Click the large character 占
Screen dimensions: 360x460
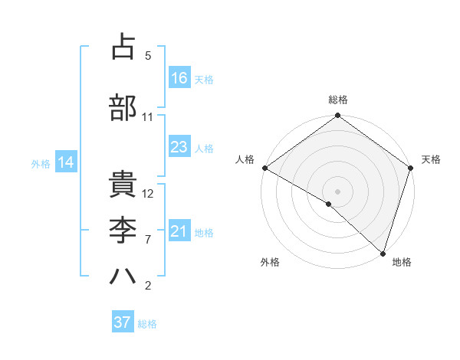(x=123, y=47)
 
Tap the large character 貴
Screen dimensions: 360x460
(x=123, y=185)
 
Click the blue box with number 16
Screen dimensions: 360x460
(x=179, y=77)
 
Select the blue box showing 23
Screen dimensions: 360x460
(x=179, y=147)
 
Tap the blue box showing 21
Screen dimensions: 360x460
(x=179, y=231)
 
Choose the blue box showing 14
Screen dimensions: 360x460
(x=65, y=162)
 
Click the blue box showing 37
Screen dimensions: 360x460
(x=123, y=322)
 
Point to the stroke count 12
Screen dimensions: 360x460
(x=149, y=194)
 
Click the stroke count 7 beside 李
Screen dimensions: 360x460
(x=148, y=240)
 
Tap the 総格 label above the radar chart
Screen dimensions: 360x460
(x=338, y=100)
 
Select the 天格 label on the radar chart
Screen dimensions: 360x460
(x=432, y=159)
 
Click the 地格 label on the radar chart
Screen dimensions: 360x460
(x=402, y=262)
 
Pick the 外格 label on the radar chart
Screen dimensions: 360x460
(x=270, y=262)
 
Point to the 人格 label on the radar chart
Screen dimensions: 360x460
(x=245, y=159)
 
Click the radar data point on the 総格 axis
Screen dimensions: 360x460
(x=337, y=116)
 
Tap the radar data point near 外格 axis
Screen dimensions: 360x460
(x=329, y=204)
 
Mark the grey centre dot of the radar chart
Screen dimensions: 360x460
(x=337, y=191)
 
